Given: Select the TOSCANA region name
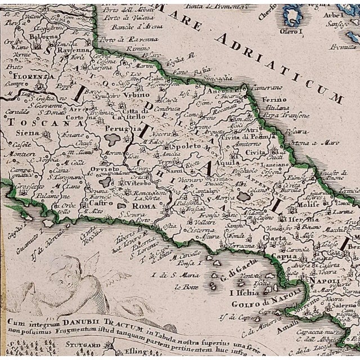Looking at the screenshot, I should [25, 120].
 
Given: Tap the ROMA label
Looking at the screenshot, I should [144, 206].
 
